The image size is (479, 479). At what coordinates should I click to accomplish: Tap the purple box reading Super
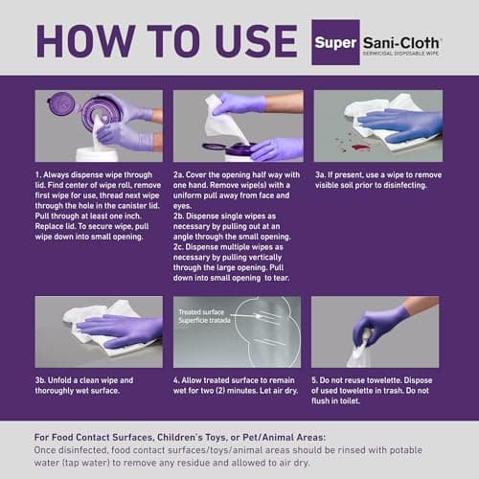tap(335, 43)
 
